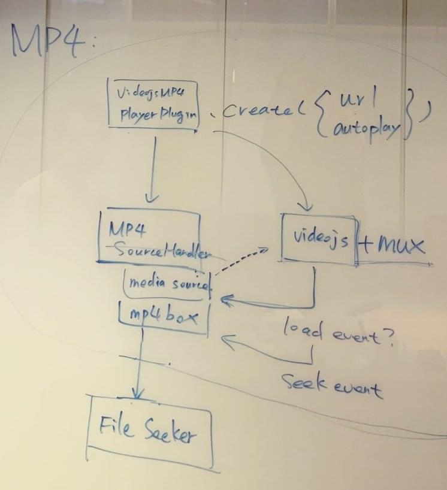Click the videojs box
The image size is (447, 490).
tap(318, 238)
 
